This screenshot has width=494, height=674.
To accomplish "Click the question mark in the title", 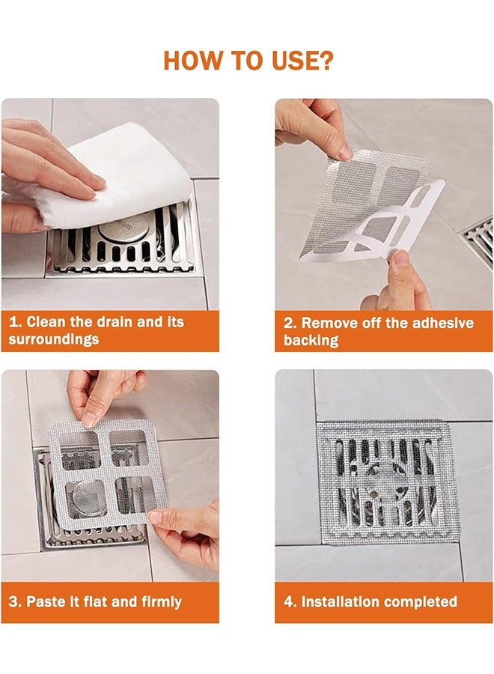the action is tap(325, 60).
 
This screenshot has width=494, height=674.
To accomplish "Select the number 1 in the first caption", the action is tap(13, 322).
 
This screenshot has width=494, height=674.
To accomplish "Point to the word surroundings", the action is tap(54, 339).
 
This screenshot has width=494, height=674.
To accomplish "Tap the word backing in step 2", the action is tap(311, 340).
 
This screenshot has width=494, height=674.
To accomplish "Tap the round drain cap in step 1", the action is tap(124, 226).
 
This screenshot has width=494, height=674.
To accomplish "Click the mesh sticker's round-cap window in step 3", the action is tap(87, 499).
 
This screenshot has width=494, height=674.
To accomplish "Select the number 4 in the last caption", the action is tap(288, 601).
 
